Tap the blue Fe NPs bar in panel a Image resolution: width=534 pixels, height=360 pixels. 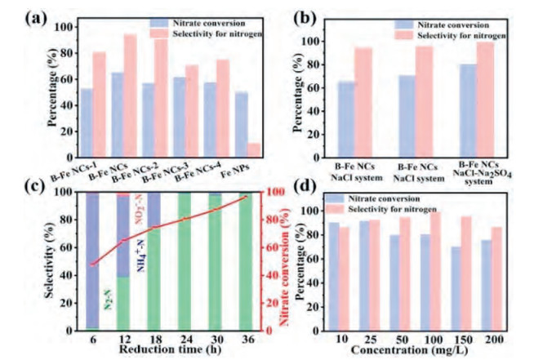[x=240, y=124]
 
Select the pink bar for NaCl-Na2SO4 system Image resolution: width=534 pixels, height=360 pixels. [x=487, y=99]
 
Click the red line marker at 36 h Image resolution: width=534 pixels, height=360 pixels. [x=245, y=197]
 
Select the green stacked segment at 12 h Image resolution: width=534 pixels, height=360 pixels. [x=122, y=303]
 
